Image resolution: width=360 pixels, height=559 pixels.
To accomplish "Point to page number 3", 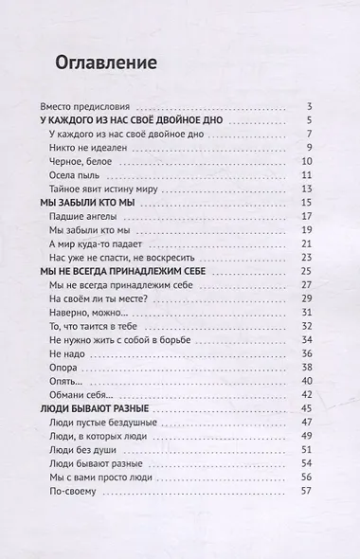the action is pos(310,105).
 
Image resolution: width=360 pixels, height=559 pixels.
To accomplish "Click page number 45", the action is pos(307,408).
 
